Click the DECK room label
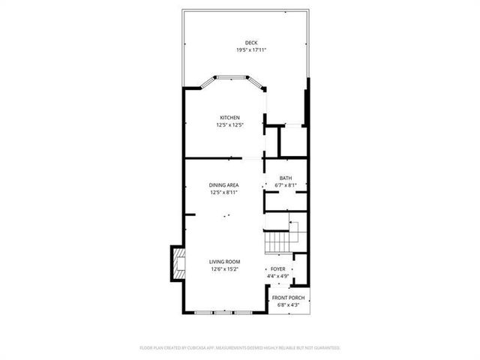tap(251, 43)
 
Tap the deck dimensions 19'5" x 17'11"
tap(251, 50)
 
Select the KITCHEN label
tap(229, 117)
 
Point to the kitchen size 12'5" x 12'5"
tap(229, 124)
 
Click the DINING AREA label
tap(223, 184)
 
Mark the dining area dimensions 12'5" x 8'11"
tap(223, 192)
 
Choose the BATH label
tap(286, 178)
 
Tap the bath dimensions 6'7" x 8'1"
tap(286, 185)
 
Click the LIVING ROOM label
tap(223, 262)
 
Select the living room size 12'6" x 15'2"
tap(223, 269)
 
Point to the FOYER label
tap(277, 268)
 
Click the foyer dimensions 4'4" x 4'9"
tap(277, 275)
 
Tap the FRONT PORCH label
tap(288, 298)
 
